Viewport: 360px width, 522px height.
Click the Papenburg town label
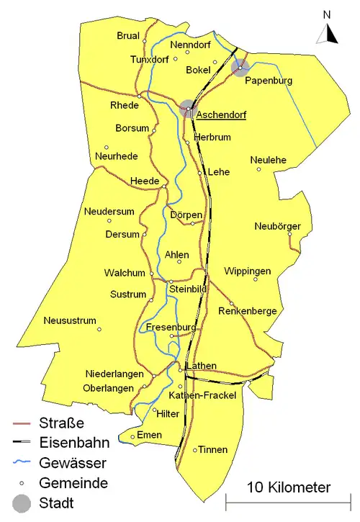coord(269,81)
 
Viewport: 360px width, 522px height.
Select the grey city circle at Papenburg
coord(240,68)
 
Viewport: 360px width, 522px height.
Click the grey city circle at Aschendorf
coord(188,108)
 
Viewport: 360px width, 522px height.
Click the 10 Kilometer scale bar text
coord(289,487)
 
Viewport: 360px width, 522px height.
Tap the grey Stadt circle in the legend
coord(22,503)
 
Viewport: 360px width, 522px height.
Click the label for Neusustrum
coord(69,320)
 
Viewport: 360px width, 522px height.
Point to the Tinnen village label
coord(212,450)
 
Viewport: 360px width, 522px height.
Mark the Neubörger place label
coord(277,227)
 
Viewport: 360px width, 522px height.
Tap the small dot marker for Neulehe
coord(259,169)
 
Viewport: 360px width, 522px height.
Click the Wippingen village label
coord(248,271)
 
